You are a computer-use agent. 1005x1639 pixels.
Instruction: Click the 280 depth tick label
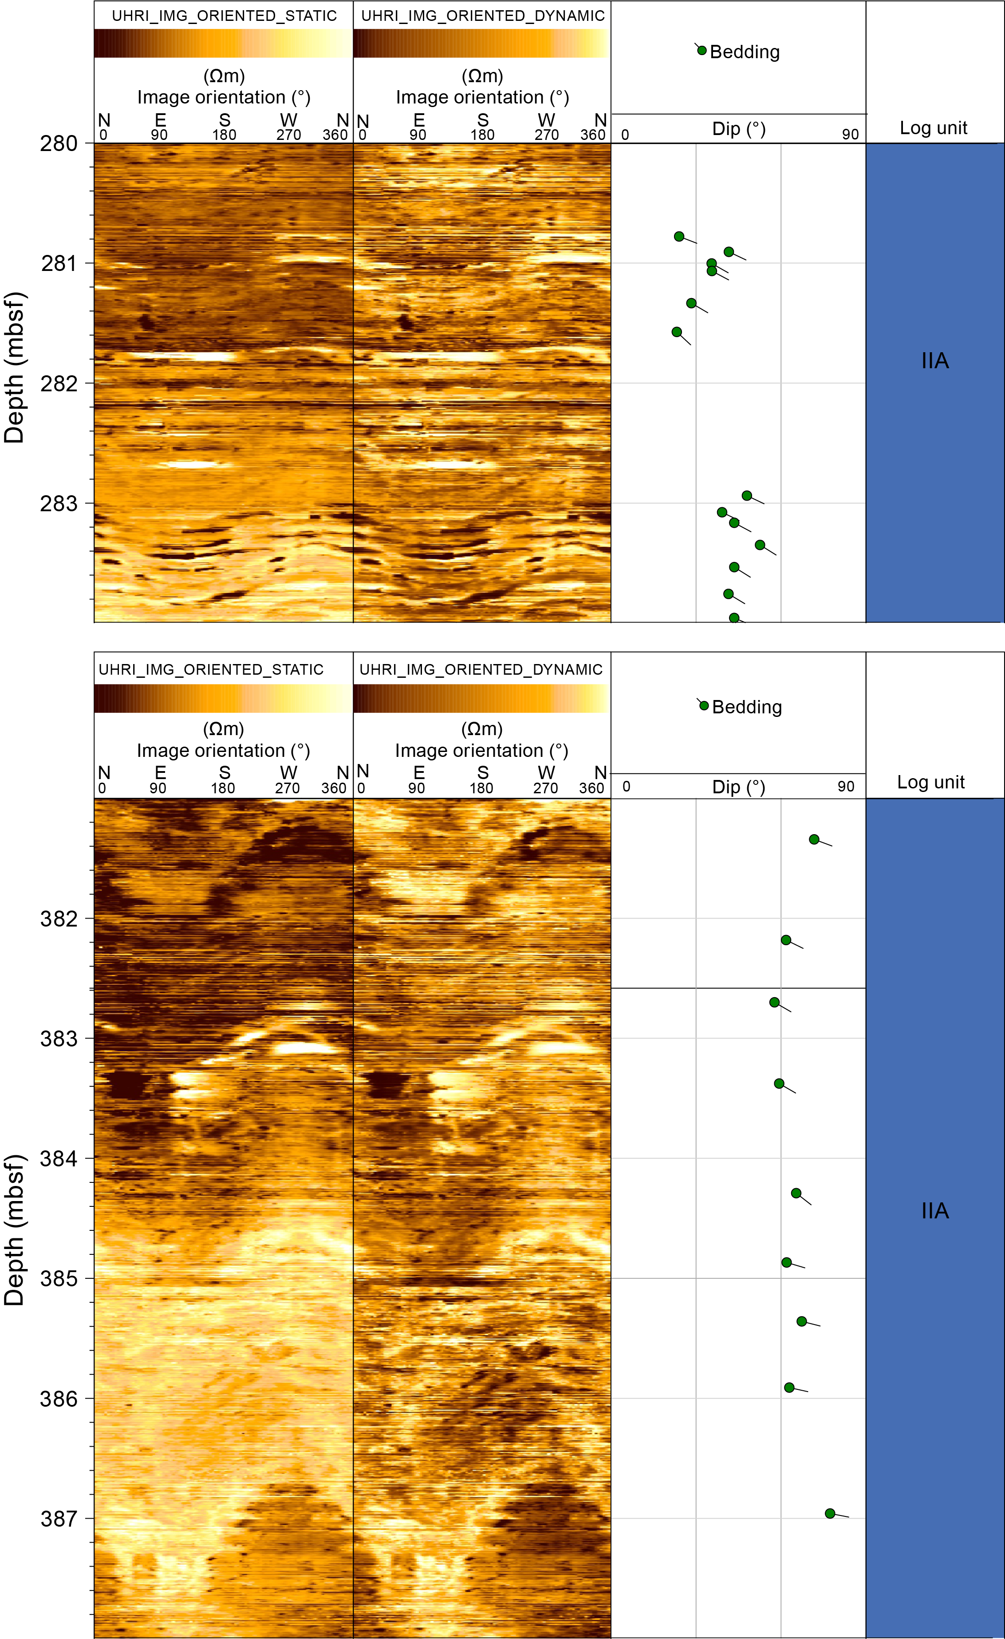tap(59, 143)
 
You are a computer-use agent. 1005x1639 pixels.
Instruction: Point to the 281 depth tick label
tap(59, 263)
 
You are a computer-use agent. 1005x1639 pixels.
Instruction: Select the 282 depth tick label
tap(59, 384)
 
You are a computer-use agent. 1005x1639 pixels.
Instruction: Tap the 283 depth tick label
tap(59, 504)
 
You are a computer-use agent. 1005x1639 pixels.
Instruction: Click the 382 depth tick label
tap(59, 919)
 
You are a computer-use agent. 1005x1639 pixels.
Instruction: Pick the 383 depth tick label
tap(59, 1038)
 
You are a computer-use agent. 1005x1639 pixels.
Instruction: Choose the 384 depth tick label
tap(59, 1159)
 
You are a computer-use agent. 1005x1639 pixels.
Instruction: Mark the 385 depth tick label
tap(59, 1278)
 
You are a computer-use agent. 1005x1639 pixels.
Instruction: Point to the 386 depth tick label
tap(59, 1399)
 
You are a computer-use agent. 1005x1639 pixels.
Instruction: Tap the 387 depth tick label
tap(59, 1519)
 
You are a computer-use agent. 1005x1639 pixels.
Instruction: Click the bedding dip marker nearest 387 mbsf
tap(830, 1513)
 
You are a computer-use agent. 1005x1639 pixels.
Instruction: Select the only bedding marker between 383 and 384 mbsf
tap(779, 1084)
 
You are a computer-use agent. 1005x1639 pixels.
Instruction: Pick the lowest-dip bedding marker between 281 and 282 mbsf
tap(677, 332)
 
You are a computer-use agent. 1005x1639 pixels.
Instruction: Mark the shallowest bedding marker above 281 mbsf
tap(678, 236)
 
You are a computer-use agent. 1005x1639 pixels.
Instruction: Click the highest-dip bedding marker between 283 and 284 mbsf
tap(760, 545)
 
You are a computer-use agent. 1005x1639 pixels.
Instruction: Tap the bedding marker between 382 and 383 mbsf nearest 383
tap(774, 1002)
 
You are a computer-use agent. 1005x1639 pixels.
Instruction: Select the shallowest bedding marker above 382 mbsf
tap(814, 839)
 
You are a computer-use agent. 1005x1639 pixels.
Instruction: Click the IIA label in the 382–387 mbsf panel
tap(934, 1211)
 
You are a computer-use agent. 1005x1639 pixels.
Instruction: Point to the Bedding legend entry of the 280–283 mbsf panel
tap(744, 52)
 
